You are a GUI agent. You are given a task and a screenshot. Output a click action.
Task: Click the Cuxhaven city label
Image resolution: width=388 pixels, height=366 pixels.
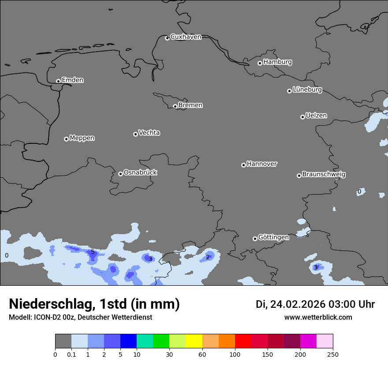[x=186, y=37]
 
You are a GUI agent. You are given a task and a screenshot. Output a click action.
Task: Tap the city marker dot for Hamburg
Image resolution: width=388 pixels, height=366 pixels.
[x=260, y=63]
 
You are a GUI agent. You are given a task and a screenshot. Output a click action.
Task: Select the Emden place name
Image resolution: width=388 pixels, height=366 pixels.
[x=72, y=80]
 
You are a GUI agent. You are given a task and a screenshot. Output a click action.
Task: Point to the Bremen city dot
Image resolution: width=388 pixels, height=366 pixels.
[x=175, y=106]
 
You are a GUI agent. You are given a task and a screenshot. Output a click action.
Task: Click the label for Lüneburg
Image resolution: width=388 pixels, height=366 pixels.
[x=307, y=90]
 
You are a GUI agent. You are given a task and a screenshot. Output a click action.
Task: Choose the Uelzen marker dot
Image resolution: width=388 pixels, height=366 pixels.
[x=302, y=117]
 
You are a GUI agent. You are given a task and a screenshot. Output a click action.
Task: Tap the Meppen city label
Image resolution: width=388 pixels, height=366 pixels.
[x=82, y=138]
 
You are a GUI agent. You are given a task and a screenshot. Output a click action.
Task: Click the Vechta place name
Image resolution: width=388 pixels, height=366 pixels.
[x=149, y=133]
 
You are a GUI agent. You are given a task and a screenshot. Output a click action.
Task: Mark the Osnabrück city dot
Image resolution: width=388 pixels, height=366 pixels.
[x=120, y=174]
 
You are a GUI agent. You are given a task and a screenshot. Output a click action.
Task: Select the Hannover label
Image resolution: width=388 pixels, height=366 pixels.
[x=261, y=164]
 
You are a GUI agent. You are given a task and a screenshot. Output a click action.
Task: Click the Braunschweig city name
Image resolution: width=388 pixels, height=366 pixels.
[x=324, y=174]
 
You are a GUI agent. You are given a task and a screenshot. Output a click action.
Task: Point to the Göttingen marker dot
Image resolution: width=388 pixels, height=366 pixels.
[x=255, y=239]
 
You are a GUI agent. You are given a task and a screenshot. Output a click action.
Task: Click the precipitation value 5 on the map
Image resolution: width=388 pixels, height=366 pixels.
[x=93, y=252]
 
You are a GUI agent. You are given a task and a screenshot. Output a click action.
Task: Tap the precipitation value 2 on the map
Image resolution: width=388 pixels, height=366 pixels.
[x=208, y=257]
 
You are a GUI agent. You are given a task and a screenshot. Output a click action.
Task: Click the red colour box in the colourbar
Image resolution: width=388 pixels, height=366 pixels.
[x=243, y=341]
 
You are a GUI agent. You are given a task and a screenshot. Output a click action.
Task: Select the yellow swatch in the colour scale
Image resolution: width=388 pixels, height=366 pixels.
[x=194, y=341]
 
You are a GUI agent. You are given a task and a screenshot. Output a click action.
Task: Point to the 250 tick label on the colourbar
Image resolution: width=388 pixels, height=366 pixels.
[x=333, y=354]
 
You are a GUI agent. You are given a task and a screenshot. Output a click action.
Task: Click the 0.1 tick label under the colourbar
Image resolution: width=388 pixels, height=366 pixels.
[x=71, y=354]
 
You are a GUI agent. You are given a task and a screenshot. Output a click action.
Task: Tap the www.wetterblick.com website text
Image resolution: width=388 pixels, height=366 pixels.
[x=318, y=317]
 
